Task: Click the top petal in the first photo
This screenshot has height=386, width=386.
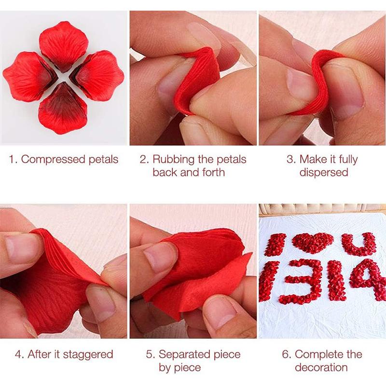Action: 64,45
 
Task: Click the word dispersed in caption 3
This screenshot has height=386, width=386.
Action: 324,172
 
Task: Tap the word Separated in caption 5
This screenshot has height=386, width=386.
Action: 185,355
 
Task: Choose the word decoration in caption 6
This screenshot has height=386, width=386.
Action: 321,367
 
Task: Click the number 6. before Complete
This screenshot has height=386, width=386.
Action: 287,355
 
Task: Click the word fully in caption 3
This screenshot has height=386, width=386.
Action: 346,160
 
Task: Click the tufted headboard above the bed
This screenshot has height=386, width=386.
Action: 322,210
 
